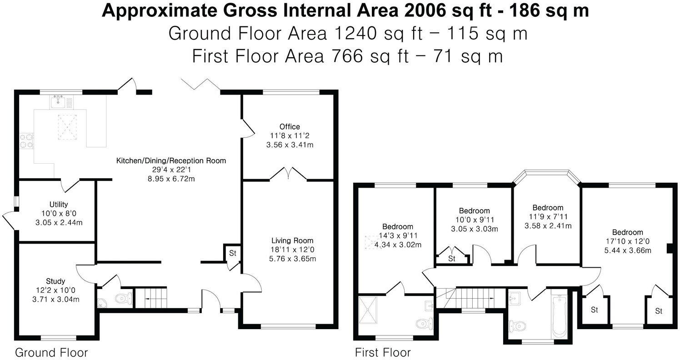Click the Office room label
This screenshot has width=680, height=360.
[290, 127]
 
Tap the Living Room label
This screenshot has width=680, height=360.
[292, 240]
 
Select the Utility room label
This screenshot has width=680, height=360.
[59, 205]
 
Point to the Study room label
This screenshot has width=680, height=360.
[55, 281]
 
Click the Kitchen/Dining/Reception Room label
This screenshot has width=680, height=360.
[171, 160]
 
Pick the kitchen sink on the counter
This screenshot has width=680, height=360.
[58, 102]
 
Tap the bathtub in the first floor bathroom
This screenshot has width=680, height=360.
[559, 315]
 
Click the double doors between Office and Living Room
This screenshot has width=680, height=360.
[288, 174]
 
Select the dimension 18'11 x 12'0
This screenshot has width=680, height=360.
[292, 250]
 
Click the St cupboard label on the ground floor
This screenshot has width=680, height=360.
[232, 253]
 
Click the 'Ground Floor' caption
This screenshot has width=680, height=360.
[51, 352]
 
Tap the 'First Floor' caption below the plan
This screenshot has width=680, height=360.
[383, 352]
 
